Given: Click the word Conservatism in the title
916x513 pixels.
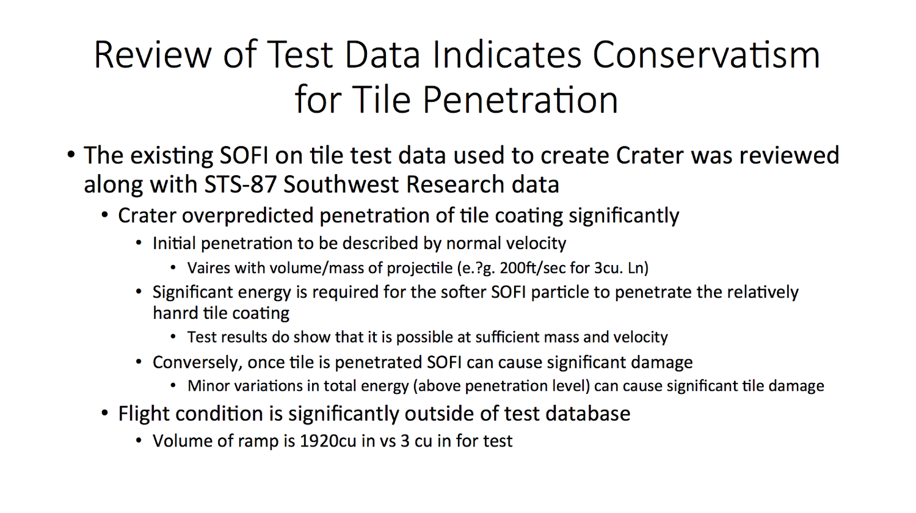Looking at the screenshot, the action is point(706,55).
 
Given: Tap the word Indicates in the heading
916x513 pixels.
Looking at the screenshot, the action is point(507,55).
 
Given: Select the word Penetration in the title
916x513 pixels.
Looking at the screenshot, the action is point(520,100).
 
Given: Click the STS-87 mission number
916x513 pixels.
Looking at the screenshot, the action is point(239,184).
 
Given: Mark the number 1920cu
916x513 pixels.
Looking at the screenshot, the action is point(328,441).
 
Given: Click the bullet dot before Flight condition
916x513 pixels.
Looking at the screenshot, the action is point(105,414).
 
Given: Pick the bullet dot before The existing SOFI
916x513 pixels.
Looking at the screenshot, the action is point(71,156).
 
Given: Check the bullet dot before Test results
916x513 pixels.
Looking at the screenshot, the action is point(173,338).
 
